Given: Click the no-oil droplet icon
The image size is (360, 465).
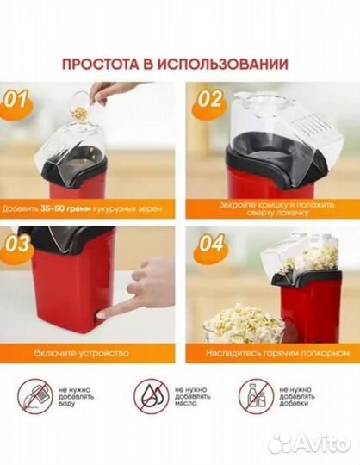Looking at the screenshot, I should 149,395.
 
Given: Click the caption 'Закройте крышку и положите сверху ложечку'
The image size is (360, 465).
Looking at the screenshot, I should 270,208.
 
